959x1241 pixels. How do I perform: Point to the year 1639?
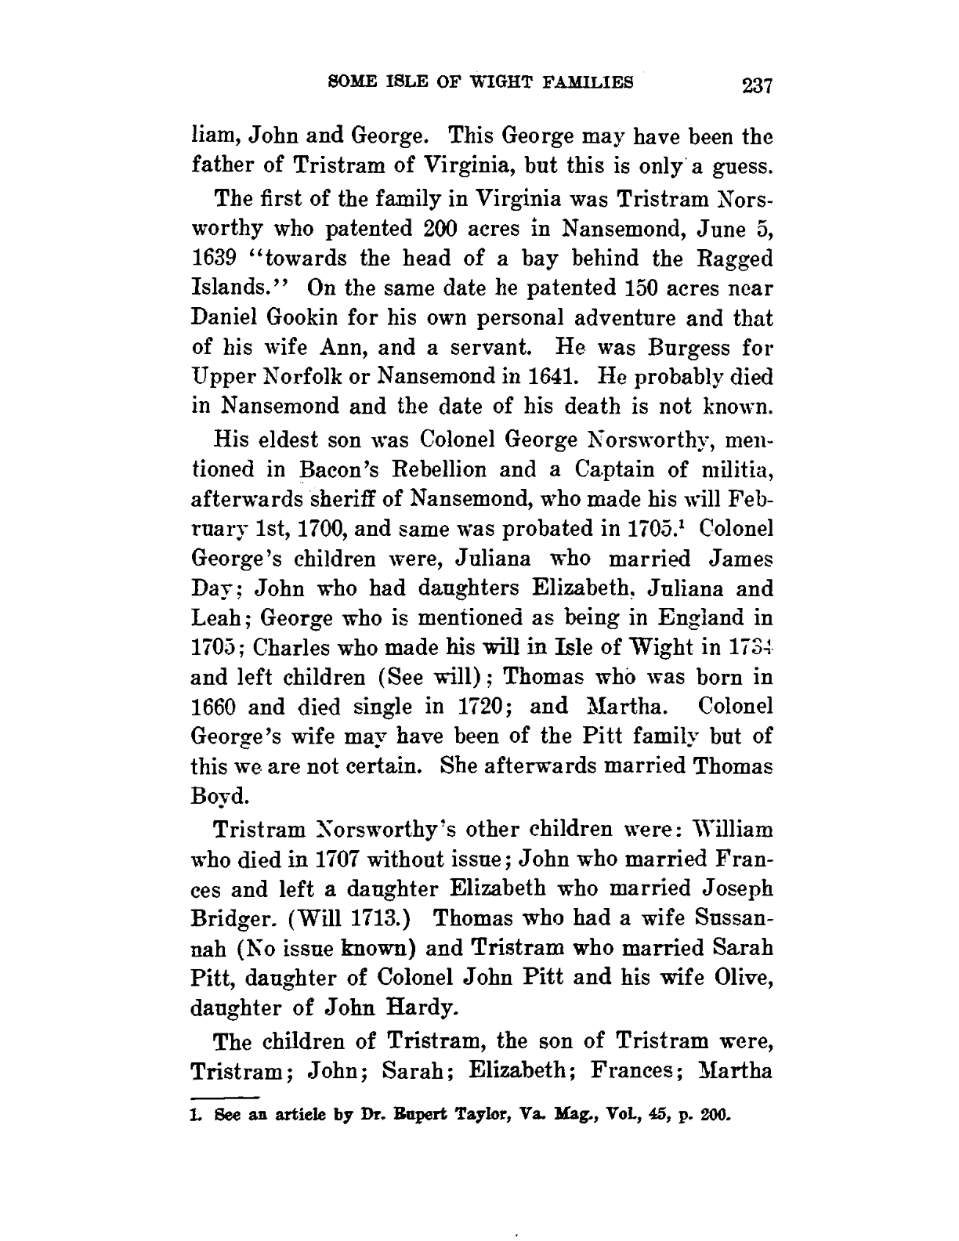215,259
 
